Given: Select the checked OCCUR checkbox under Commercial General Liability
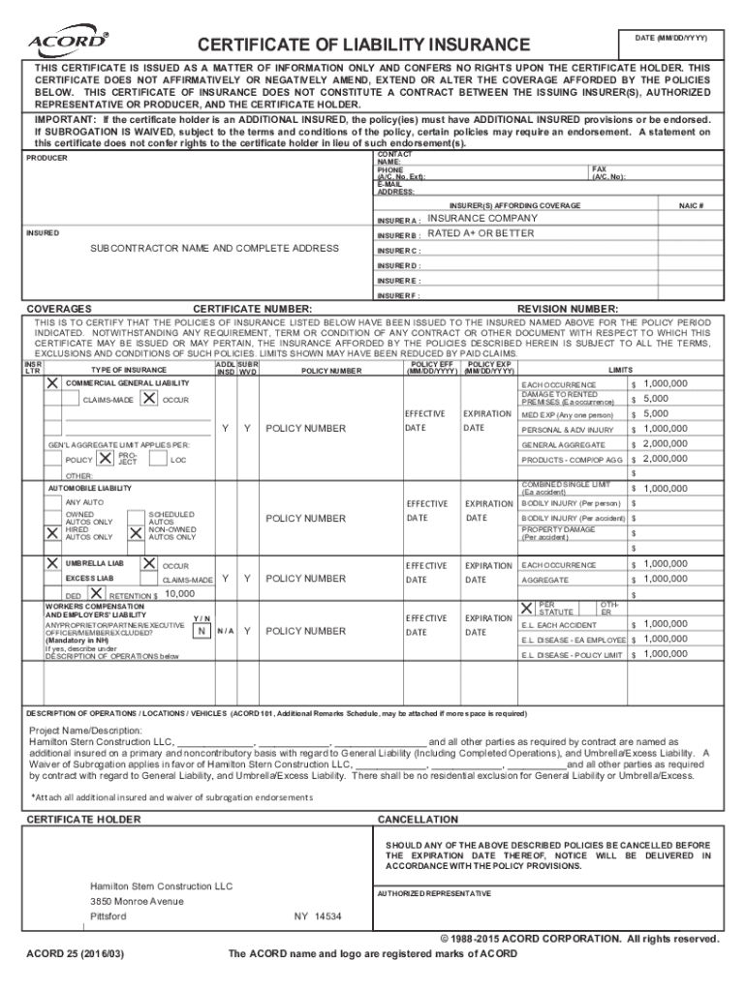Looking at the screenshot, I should [149, 399].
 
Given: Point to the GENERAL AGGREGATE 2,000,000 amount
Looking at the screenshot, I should [665, 443].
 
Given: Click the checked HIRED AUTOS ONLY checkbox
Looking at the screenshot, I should [53, 532].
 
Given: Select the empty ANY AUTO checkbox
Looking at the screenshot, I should [53, 502].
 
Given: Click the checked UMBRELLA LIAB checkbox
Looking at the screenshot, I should [53, 562].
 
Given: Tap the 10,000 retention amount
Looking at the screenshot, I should [180, 593].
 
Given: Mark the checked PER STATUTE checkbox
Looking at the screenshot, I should [526, 609].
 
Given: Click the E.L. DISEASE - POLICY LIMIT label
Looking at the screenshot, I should [572, 655].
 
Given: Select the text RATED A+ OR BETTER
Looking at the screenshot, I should [481, 233].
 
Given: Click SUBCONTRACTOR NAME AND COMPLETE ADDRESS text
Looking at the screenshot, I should [214, 249].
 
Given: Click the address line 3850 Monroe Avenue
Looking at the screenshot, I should [137, 901].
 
